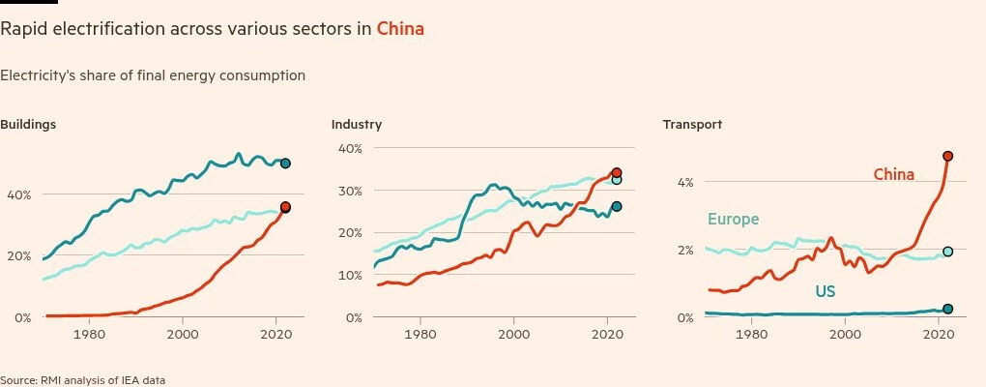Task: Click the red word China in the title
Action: click(400, 29)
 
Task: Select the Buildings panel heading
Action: click(28, 125)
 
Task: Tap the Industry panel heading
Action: click(357, 125)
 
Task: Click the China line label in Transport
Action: click(894, 174)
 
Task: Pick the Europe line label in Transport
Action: click(733, 220)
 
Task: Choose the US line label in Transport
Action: click(824, 290)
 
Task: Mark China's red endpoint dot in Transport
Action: click(948, 156)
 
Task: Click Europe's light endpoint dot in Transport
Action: click(948, 252)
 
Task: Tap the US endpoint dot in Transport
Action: click(948, 309)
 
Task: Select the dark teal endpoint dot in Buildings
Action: click(285, 164)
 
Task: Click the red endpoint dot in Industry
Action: click(617, 173)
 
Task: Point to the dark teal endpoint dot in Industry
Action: click(617, 207)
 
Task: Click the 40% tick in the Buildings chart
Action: click(17, 194)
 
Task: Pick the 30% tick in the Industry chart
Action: click(349, 191)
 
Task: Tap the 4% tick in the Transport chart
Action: click(685, 182)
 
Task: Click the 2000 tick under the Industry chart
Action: click(513, 334)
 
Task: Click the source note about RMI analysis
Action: click(75, 380)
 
